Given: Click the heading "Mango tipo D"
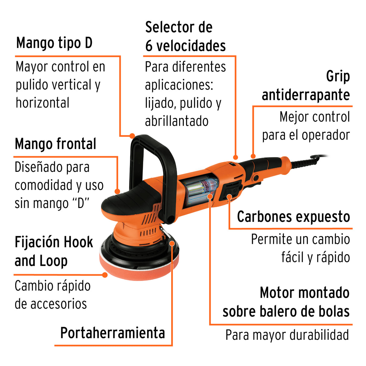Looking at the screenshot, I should (54, 43).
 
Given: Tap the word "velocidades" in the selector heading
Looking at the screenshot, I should (191, 46).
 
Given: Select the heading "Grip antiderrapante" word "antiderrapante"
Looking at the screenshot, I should (306, 95).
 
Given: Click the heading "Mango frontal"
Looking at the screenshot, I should (56, 144).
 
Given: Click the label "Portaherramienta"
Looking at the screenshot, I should (112, 333).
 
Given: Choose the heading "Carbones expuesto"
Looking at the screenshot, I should (293, 217).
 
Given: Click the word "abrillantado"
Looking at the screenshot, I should (177, 121).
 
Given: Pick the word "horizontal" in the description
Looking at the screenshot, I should (43, 103).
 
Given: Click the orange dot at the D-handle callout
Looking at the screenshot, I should (132, 136).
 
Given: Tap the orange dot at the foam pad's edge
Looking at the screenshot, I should (105, 275).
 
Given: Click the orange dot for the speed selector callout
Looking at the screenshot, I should (235, 157).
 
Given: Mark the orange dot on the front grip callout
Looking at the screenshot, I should (117, 191).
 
